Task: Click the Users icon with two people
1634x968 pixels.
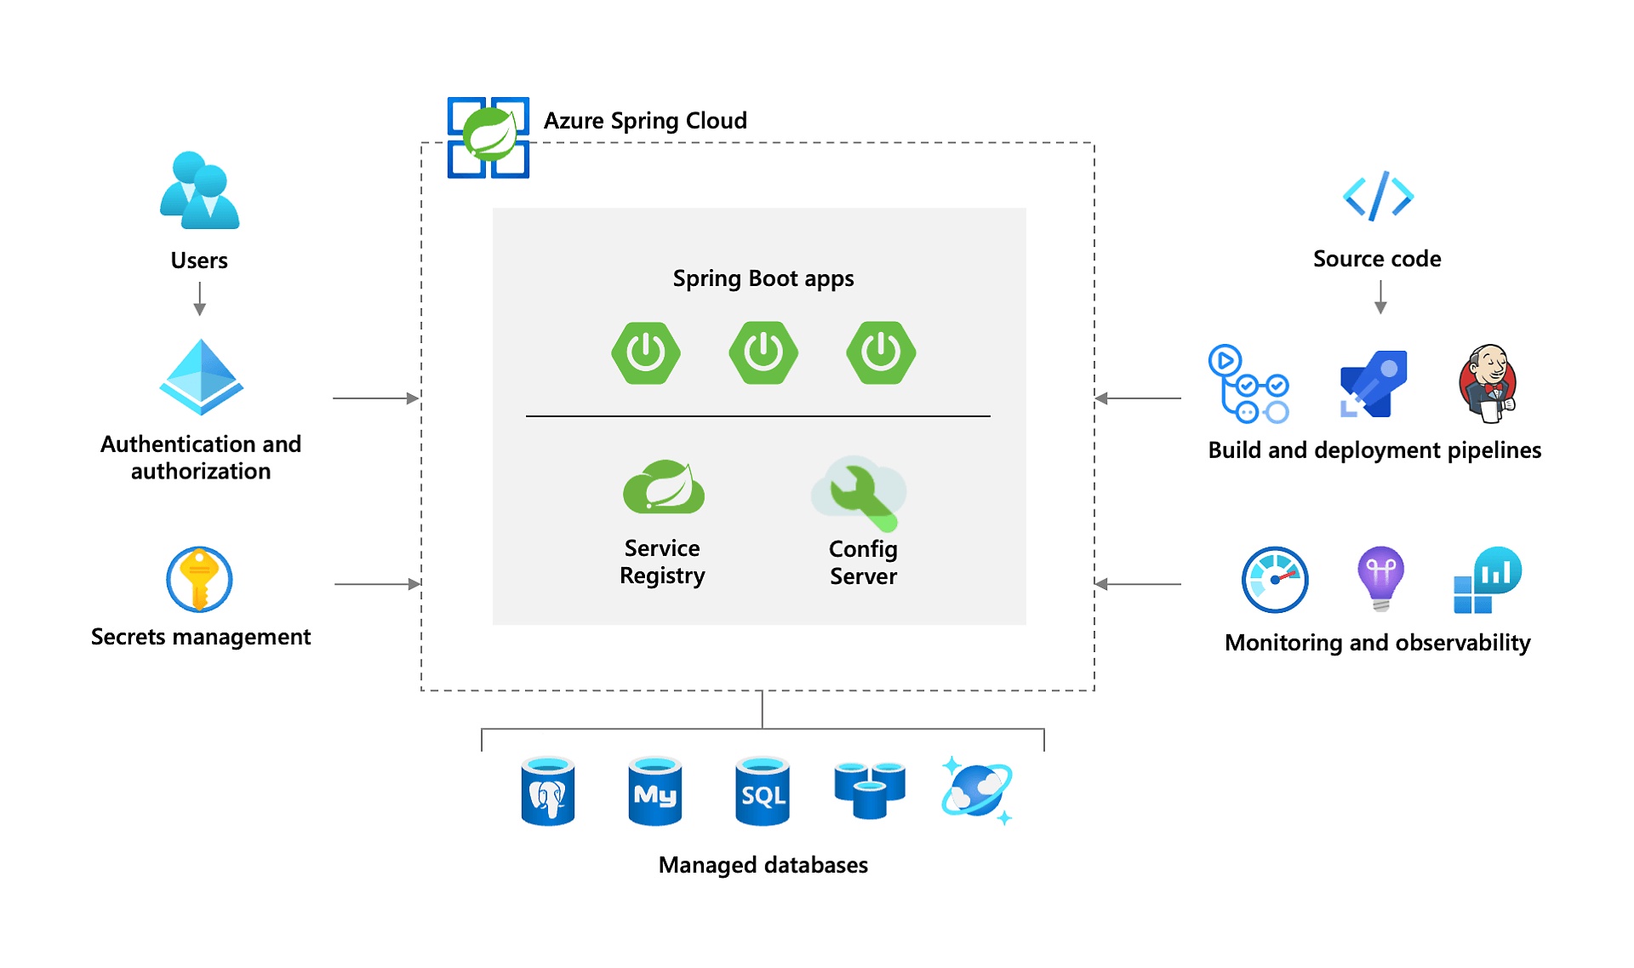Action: (x=199, y=191)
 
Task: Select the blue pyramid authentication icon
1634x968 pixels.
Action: (x=201, y=377)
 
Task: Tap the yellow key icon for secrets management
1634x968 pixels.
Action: (x=199, y=580)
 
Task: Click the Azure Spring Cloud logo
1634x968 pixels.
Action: (x=488, y=137)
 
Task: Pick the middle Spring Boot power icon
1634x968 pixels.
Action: (x=763, y=352)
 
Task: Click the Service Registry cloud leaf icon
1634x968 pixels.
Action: (x=664, y=487)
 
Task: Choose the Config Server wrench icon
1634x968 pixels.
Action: (x=860, y=493)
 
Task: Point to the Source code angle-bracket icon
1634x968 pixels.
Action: (x=1378, y=197)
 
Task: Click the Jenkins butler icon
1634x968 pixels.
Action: (x=1488, y=383)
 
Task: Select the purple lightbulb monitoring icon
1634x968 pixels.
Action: (x=1380, y=578)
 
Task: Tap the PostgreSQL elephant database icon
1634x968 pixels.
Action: (x=547, y=792)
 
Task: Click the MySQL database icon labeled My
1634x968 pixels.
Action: (x=654, y=792)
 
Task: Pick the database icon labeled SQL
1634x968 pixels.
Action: (x=762, y=792)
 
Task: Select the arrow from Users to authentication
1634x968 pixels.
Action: (x=199, y=299)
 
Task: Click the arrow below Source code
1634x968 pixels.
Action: (x=1380, y=297)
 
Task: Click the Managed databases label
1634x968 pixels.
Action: (x=763, y=865)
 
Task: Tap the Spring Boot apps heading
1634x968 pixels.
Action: (x=763, y=278)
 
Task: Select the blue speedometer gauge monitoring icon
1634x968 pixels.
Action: (x=1274, y=580)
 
